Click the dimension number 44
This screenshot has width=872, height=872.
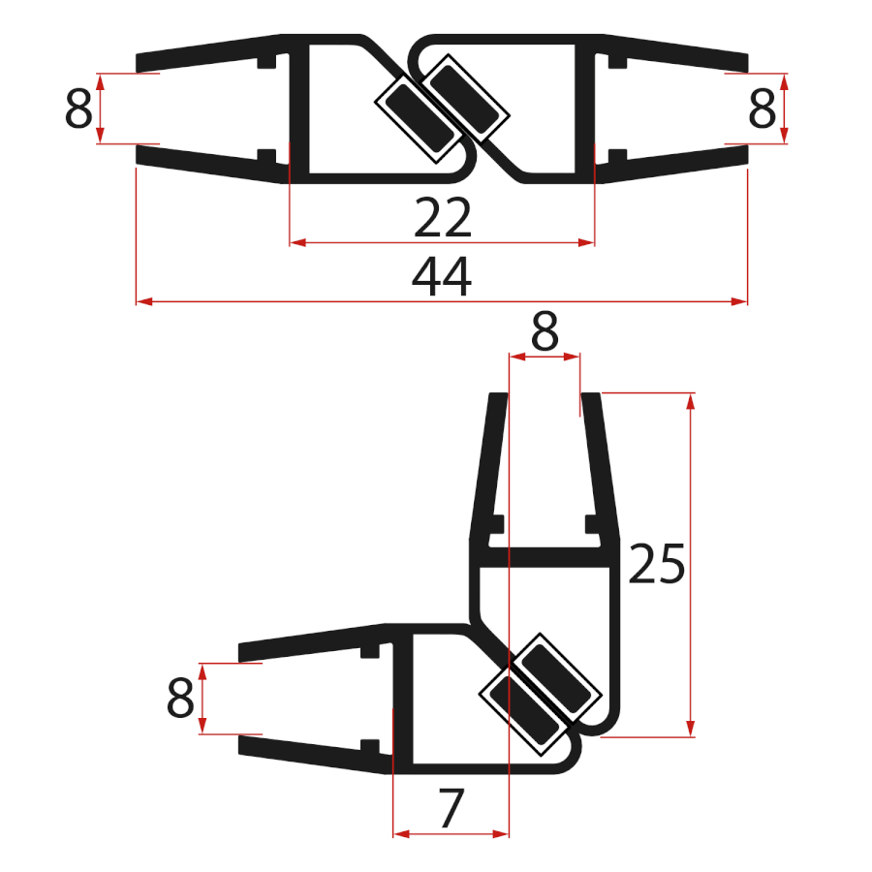pyautogui.click(x=442, y=278)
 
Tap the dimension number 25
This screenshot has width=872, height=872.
pyautogui.click(x=657, y=565)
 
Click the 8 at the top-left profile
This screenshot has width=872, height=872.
pyautogui.click(x=78, y=109)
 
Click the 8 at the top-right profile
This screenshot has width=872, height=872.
pyautogui.click(x=763, y=109)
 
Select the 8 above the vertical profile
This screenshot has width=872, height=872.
pyautogui.click(x=545, y=334)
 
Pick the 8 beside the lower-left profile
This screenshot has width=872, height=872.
pyautogui.click(x=181, y=698)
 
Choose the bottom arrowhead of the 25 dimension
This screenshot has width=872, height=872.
pyautogui.click(x=691, y=729)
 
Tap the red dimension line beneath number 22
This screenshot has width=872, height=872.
pyautogui.click(x=368, y=242)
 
